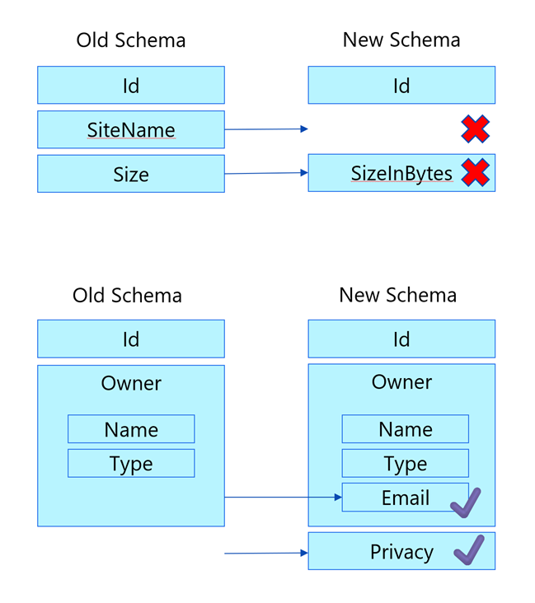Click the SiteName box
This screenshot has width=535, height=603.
(130, 130)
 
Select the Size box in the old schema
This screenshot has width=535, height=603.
(130, 174)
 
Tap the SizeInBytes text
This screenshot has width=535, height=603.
(401, 174)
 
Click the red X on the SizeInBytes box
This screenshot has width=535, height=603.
(475, 173)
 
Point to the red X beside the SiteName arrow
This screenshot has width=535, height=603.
(475, 129)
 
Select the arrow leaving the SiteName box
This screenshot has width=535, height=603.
(265, 129)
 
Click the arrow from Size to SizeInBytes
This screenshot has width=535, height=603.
(265, 173)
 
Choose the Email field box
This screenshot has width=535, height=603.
(404, 498)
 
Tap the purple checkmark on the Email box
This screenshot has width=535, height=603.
(465, 502)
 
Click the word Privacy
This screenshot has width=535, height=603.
(401, 552)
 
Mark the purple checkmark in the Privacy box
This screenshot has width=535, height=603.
(468, 550)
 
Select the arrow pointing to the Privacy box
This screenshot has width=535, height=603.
(265, 553)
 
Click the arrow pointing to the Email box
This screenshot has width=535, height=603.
(283, 498)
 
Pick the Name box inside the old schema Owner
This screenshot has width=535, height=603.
(131, 429)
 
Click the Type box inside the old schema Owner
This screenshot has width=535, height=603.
(131, 463)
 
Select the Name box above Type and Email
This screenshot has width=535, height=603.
(405, 429)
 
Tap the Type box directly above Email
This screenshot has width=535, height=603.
(405, 463)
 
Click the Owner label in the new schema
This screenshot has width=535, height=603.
(401, 382)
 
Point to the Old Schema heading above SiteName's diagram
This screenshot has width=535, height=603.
(130, 40)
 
